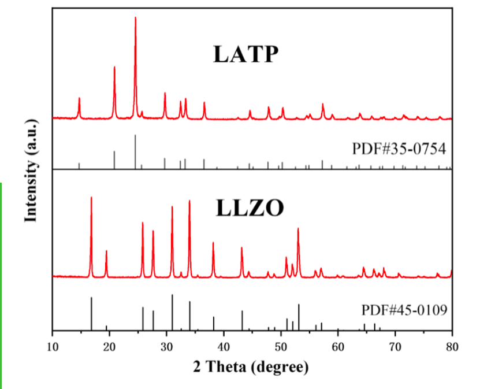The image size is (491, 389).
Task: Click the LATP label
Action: pyautogui.click(x=245, y=54)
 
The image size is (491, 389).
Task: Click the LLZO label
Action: pyautogui.click(x=250, y=208)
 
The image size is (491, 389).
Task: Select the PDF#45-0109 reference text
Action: pyautogui.click(x=404, y=310)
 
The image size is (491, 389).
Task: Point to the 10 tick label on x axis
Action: pyautogui.click(x=53, y=347)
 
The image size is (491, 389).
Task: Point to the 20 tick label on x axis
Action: pyautogui.click(x=110, y=347)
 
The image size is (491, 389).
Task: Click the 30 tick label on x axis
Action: pyautogui.click(x=167, y=347)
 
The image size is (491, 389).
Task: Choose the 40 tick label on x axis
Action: pyautogui.click(x=224, y=347)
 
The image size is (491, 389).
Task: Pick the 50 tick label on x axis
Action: pyautogui.click(x=281, y=347)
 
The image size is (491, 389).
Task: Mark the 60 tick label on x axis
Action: pyautogui.click(x=339, y=347)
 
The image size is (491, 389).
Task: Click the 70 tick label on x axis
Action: pyautogui.click(x=395, y=347)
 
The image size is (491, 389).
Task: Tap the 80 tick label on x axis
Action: pyautogui.click(x=452, y=347)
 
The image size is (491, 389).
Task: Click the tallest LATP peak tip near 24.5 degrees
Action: pyautogui.click(x=136, y=18)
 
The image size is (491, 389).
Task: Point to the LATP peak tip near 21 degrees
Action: pyautogui.click(x=114, y=67)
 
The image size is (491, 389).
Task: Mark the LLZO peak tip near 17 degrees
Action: pyautogui.click(x=91, y=198)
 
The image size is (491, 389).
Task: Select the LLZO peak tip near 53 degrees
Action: pyautogui.click(x=298, y=228)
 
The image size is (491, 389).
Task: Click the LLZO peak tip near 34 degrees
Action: pyautogui.click(x=189, y=201)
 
